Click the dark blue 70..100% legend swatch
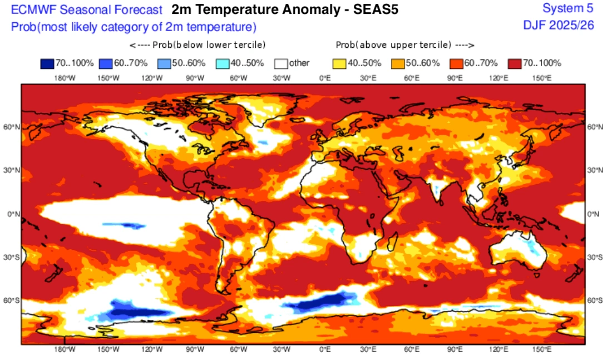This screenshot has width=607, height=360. (x=46, y=63)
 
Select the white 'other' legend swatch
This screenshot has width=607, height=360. (x=280, y=63)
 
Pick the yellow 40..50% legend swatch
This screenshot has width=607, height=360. (x=339, y=63)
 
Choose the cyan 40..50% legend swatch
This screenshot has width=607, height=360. (x=221, y=63)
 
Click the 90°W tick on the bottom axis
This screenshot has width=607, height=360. (x=195, y=349)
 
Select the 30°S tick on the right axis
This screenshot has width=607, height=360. (x=595, y=257)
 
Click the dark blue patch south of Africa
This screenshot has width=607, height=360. (x=317, y=303)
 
